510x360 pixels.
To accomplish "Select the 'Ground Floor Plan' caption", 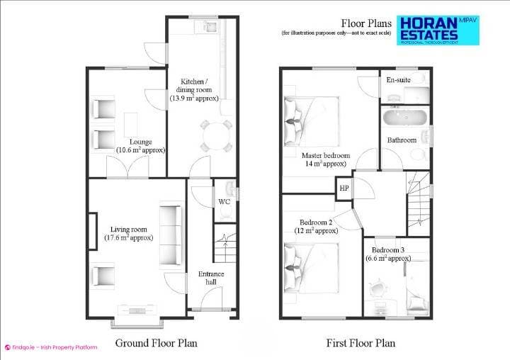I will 156,344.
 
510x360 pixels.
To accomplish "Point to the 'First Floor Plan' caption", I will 361,344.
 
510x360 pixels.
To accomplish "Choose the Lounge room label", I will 140,146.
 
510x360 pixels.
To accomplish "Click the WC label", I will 224,201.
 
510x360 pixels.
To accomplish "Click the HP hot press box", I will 344,189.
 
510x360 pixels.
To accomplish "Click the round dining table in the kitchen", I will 215,135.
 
